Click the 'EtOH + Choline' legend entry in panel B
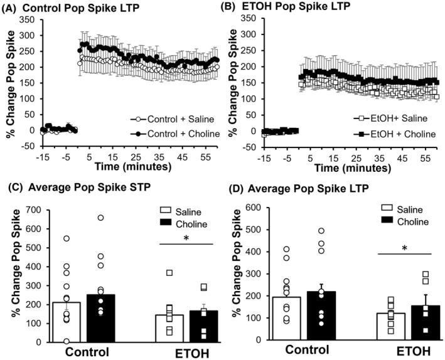point(384,134)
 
